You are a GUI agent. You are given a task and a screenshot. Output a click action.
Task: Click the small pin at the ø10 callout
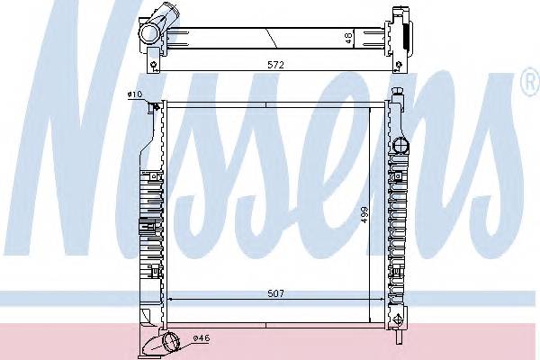157,109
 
